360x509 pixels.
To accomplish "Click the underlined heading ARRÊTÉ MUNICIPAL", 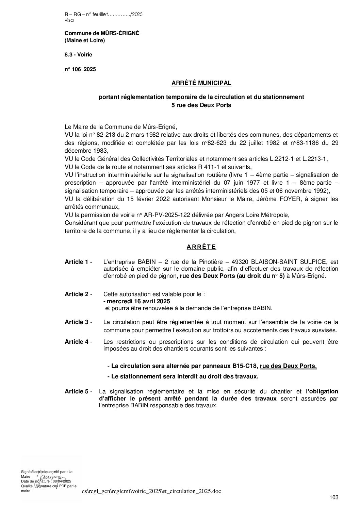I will pyautogui.click(x=201, y=83).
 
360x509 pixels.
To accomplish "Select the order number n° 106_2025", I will pyautogui.click(x=80, y=69).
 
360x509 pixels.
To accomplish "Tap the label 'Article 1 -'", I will pyautogui.click(x=78, y=262).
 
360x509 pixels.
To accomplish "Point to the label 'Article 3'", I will pyautogui.click(x=77, y=322).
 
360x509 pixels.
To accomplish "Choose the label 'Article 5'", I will pyautogui.click(x=77, y=391).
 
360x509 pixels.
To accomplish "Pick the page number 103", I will pyautogui.click(x=334, y=497).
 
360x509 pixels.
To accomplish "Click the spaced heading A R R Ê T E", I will pyautogui.click(x=201, y=247).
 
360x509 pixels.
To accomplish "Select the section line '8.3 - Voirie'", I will pyautogui.click(x=78, y=54).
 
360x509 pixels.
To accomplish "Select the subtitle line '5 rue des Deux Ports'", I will pyautogui.click(x=201, y=105).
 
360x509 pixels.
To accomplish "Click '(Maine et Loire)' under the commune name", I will pyautogui.click(x=85, y=41).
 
